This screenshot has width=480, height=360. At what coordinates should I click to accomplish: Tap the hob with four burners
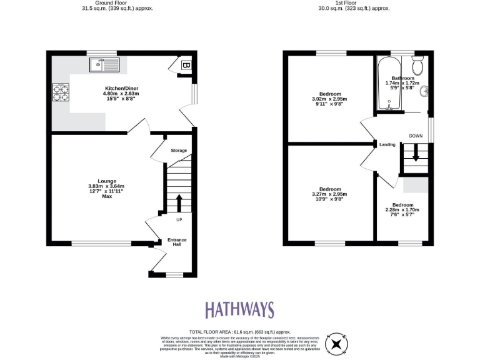(61, 93)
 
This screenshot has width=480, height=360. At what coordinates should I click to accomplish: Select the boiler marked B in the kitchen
(186, 65)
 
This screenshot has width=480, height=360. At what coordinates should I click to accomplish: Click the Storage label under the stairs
(179, 151)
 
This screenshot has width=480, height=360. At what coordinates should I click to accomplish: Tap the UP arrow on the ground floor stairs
(179, 203)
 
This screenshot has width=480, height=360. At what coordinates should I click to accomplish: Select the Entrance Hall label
(177, 242)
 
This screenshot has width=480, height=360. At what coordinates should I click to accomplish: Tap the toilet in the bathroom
(418, 63)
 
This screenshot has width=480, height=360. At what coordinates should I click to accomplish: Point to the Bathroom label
(402, 78)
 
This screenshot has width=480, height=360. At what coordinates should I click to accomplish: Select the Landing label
(387, 144)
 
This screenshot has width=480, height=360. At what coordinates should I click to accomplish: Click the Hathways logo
(239, 309)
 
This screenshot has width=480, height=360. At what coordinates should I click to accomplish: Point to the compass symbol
(336, 343)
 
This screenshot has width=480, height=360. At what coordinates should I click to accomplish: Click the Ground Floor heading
(117, 3)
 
